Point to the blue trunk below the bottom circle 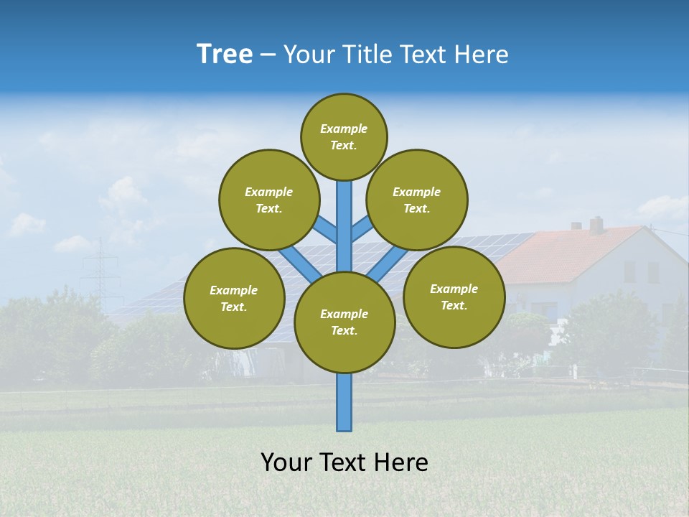pyautogui.click(x=344, y=402)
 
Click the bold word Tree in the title pyautogui.click(x=225, y=54)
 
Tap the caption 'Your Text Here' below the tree pyautogui.click(x=344, y=462)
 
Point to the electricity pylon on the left pyautogui.click(x=100, y=273)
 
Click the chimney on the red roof pyautogui.click(x=596, y=225)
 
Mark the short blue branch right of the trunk pyautogui.click(x=362, y=229)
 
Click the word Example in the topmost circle pyautogui.click(x=344, y=129)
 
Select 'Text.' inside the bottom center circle pyautogui.click(x=344, y=331)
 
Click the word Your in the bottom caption pyautogui.click(x=286, y=462)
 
